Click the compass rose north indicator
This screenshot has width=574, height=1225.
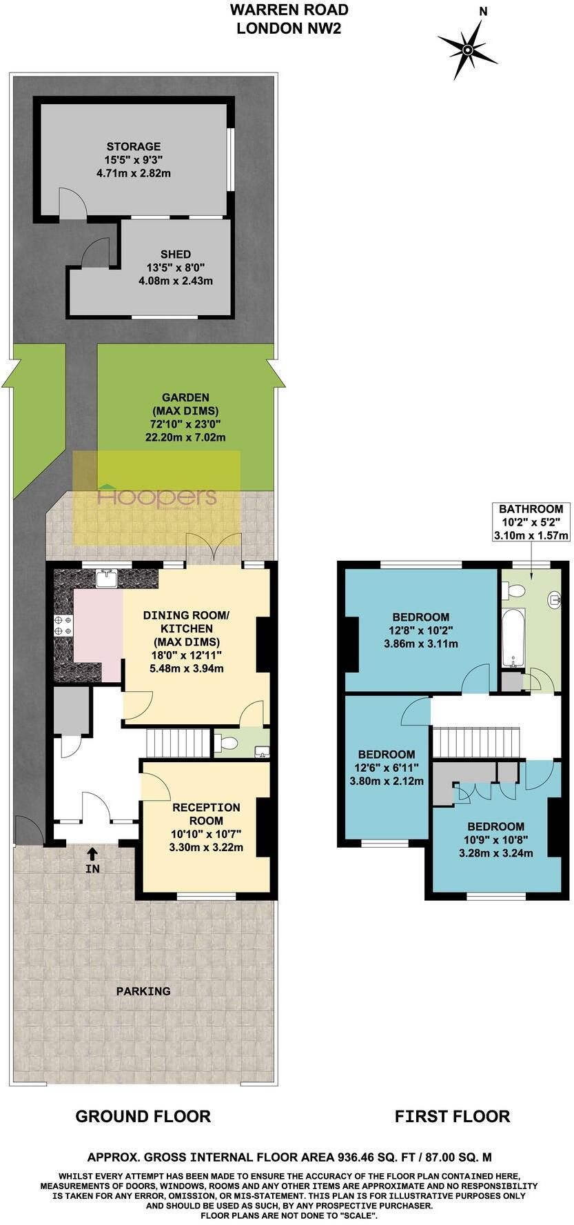(x=468, y=49)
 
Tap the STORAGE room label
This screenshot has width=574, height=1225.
(x=134, y=146)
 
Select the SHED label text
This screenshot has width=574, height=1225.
(x=176, y=254)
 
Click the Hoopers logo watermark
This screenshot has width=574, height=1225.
(x=157, y=496)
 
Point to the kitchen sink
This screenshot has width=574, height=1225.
(x=106, y=577)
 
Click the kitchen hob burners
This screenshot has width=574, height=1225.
(x=63, y=625)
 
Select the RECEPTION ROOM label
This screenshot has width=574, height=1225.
(x=206, y=813)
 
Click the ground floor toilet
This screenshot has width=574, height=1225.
(x=227, y=743)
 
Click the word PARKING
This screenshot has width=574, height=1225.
(x=143, y=991)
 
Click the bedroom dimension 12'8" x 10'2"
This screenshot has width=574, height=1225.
(x=420, y=630)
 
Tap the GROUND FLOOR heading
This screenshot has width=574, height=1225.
(x=143, y=1116)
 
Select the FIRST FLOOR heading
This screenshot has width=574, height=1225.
(x=452, y=1116)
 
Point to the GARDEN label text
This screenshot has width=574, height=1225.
(x=185, y=397)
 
